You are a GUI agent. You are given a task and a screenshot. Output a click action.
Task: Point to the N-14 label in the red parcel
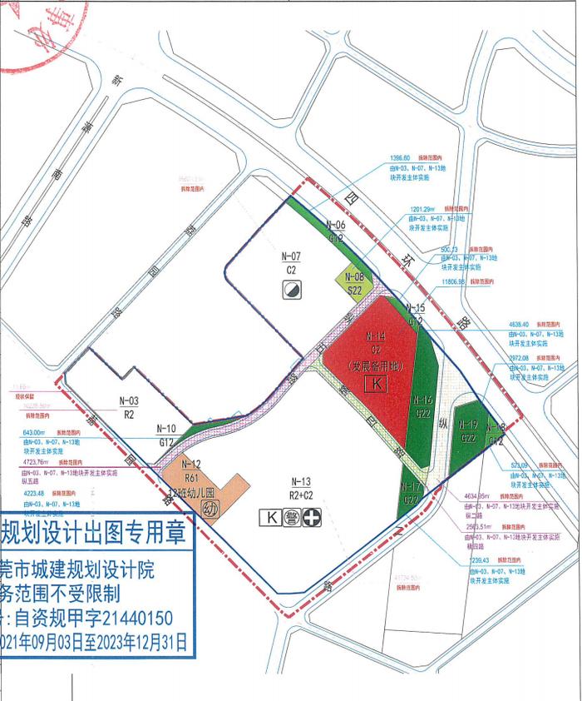(x=376, y=336)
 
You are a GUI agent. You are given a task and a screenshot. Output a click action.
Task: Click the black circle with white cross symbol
(x=313, y=518)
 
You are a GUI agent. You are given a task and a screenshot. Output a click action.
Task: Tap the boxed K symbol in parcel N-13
(x=270, y=518)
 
